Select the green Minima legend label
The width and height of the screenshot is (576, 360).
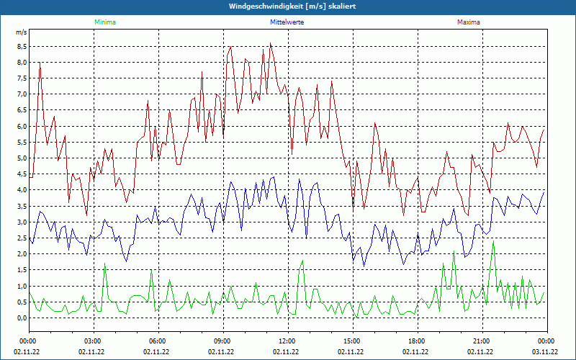coord(104,22)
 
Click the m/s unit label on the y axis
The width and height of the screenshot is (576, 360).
coord(21,32)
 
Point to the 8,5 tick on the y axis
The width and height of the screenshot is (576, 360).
coord(22,46)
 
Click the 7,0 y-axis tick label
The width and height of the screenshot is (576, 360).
coord(22,94)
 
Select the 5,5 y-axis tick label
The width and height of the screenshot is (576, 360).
coord(22,142)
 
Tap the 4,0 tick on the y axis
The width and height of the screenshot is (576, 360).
coord(22,190)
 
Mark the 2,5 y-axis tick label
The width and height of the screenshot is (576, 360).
coord(22,238)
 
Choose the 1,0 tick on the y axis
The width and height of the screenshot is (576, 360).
coord(22,286)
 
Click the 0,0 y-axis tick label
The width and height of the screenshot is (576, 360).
coord(22,318)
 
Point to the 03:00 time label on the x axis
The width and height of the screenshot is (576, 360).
coord(93,341)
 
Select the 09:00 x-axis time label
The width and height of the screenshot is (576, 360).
coord(222,341)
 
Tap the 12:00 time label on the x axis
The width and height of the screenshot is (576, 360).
coord(287,341)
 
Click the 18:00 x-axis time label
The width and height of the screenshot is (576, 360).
coord(417,341)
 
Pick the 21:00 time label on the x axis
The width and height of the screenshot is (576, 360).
coord(482,341)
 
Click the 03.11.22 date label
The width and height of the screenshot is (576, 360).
coord(545,351)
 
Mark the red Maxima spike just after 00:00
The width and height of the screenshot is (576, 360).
coord(40,64)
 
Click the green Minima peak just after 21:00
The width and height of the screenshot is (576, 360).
coord(493,242)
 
